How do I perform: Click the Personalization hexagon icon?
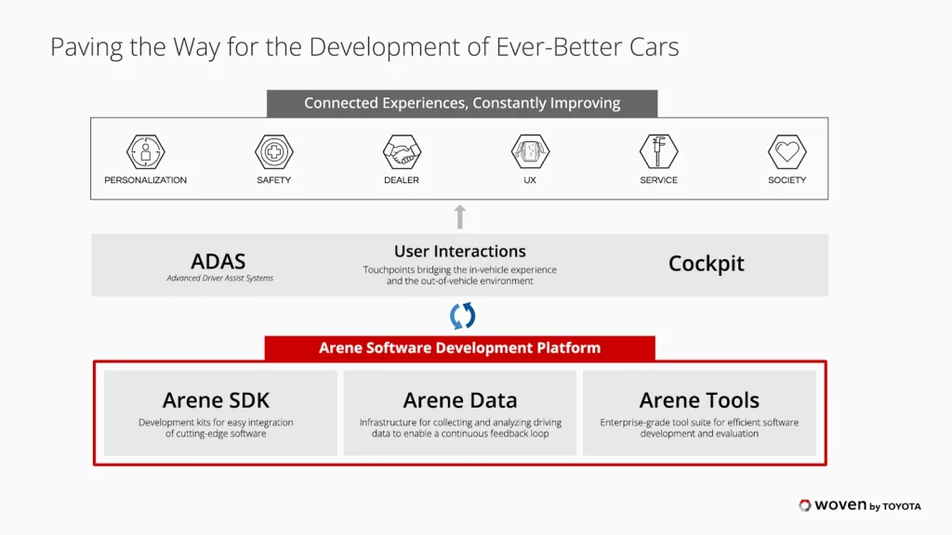coord(146,151)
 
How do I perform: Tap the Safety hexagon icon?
coord(274,151)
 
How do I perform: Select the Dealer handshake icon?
coord(402,151)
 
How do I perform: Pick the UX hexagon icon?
coord(530,151)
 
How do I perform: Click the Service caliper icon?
coord(659,151)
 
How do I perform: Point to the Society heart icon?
coord(787,151)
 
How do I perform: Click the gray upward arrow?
coord(460,216)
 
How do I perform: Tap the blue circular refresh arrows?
coord(463,316)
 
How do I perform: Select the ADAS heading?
coord(218,261)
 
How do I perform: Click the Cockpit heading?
coord(707,264)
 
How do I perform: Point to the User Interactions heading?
coord(459,251)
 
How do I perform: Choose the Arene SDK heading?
coord(216,400)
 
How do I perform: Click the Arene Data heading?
coord(459,400)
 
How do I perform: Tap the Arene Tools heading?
coord(699,400)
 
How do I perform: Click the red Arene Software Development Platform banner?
coord(459,348)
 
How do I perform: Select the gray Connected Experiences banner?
coord(462,103)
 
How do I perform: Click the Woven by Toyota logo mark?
coord(805,505)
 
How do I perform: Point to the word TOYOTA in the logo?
coord(902,506)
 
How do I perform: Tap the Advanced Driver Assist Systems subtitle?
coord(219,278)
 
